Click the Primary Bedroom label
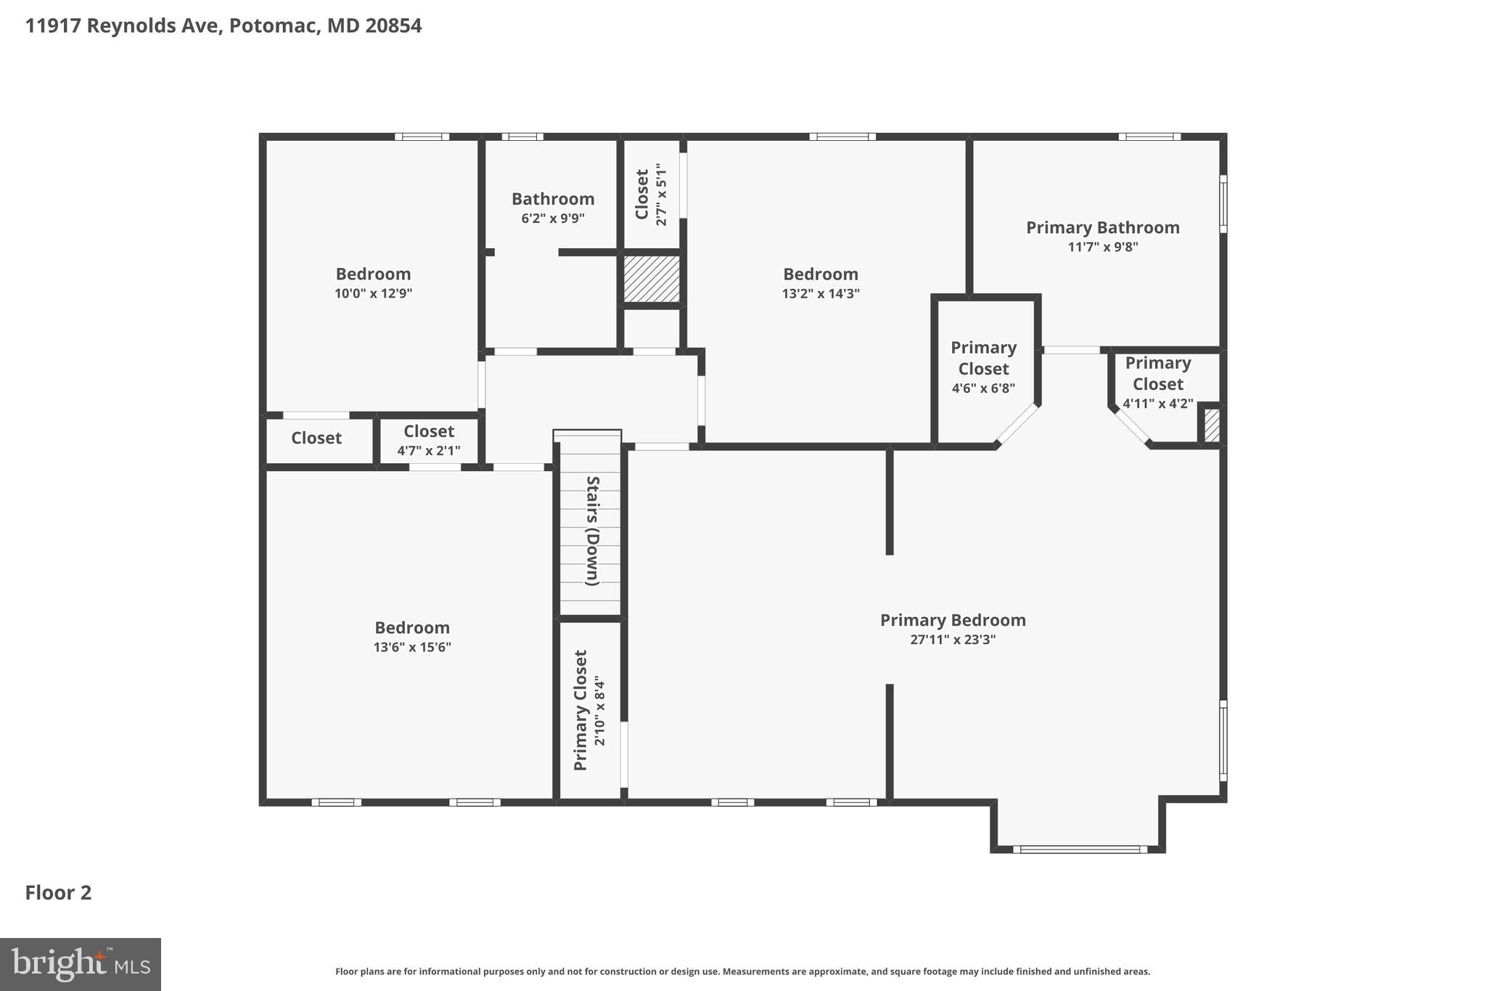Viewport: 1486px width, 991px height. click(x=953, y=620)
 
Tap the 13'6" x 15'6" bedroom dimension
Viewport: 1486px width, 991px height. click(x=412, y=647)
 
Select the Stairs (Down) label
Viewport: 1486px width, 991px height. click(x=592, y=531)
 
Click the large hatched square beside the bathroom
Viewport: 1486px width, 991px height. click(x=652, y=279)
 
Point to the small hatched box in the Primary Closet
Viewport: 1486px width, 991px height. click(x=1212, y=426)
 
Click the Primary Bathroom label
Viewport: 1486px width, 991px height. click(x=1102, y=227)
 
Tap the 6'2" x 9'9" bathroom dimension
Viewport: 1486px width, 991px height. click(x=552, y=218)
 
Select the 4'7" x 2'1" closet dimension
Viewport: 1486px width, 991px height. click(x=428, y=451)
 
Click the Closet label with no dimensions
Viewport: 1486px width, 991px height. click(x=316, y=438)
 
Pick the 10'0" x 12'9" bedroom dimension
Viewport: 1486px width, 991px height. click(x=373, y=293)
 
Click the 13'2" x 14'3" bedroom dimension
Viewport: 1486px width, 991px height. click(x=820, y=293)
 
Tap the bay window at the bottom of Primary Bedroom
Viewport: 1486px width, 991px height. click(x=1079, y=849)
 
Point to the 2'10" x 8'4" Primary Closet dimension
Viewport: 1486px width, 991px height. click(x=599, y=711)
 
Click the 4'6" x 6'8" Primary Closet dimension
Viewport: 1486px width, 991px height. click(x=983, y=388)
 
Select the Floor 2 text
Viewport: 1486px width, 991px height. click(x=58, y=892)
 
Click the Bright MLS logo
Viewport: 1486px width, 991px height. click(x=80, y=964)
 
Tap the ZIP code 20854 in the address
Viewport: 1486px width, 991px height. click(x=393, y=25)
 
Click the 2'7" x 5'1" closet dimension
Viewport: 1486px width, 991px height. click(x=661, y=194)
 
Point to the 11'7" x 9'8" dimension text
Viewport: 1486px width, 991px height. click(x=1102, y=247)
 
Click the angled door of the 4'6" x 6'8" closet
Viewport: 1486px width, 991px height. click(x=1017, y=424)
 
